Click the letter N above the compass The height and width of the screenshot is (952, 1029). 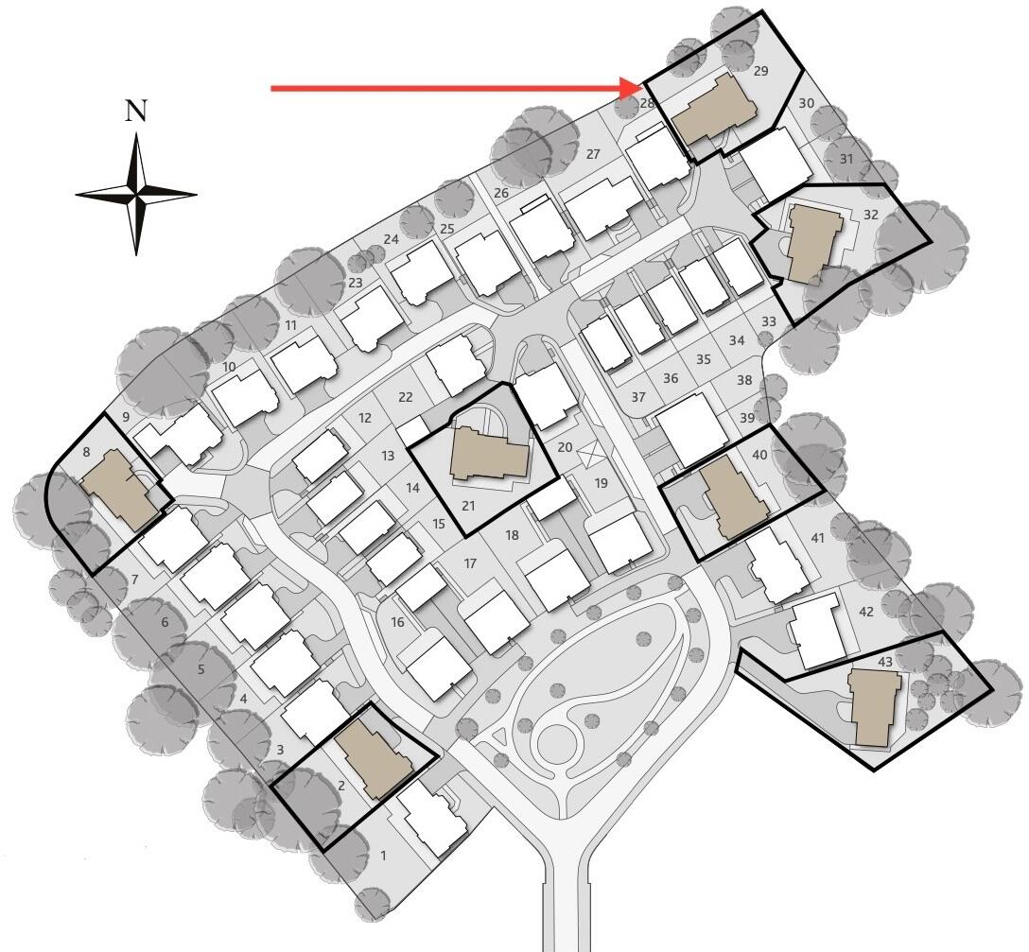pyautogui.click(x=136, y=111)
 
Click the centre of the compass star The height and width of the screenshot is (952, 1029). pyautogui.click(x=136, y=194)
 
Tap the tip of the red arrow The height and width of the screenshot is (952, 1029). pyautogui.click(x=643, y=88)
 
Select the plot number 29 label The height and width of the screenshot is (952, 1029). pyautogui.click(x=760, y=71)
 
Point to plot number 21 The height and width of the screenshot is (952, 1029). pyautogui.click(x=468, y=506)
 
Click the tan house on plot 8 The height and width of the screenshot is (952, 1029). pyautogui.click(x=120, y=490)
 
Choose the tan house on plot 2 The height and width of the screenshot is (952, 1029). pyautogui.click(x=375, y=755)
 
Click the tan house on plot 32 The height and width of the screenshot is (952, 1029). pyautogui.click(x=813, y=243)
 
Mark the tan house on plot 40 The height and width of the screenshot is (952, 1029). pyautogui.click(x=734, y=497)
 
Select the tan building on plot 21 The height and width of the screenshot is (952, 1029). pyautogui.click(x=489, y=453)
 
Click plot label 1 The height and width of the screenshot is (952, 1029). pyautogui.click(x=384, y=856)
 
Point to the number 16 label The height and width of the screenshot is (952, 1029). pyautogui.click(x=397, y=622)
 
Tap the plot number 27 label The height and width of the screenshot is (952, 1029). pyautogui.click(x=593, y=155)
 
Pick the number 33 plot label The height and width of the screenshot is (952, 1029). pyautogui.click(x=769, y=321)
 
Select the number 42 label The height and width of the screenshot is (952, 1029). pyautogui.click(x=866, y=612)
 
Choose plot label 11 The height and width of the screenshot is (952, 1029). pyautogui.click(x=290, y=325)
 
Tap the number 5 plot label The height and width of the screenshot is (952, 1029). pyautogui.click(x=201, y=670)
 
